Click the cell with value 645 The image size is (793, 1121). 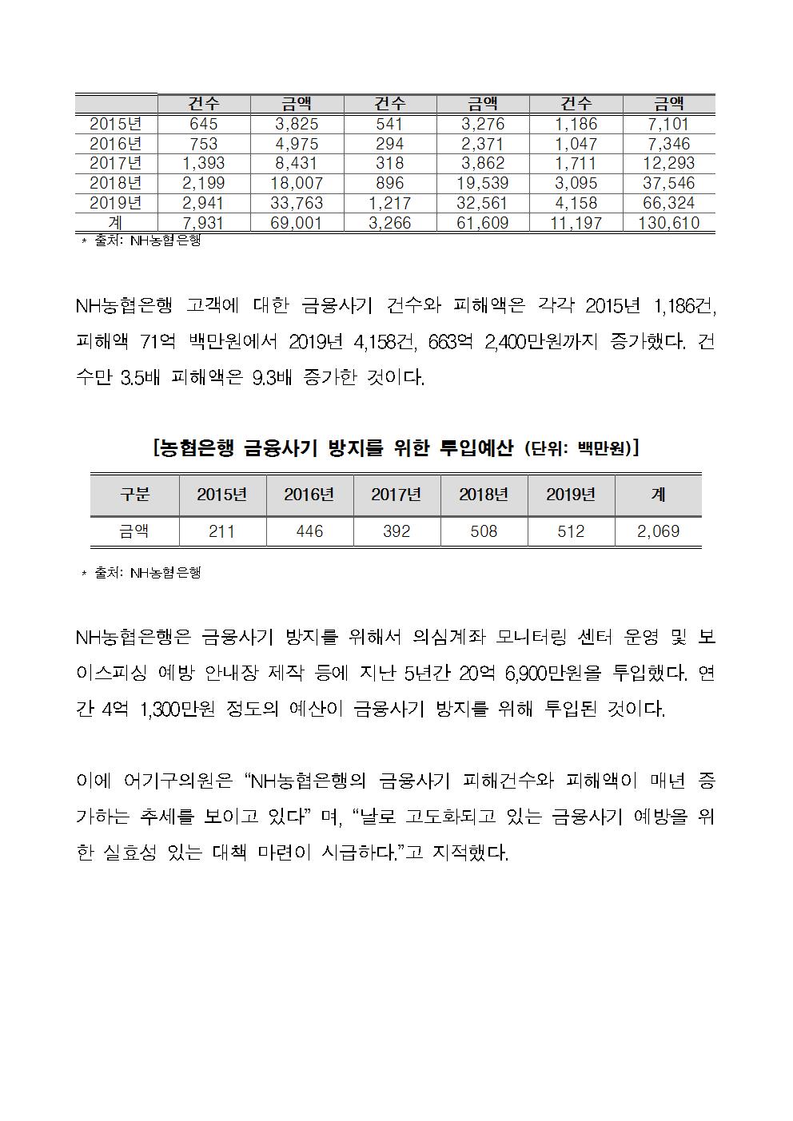coord(204,124)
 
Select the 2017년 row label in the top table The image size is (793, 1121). coord(116,164)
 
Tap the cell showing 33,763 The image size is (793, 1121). coord(296,203)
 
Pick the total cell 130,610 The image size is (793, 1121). coord(668,223)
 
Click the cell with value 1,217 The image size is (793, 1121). coord(390,203)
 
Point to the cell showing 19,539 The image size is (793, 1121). coord(483,183)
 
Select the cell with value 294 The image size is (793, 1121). coord(390,144)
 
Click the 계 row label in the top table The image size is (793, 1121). coord(116,223)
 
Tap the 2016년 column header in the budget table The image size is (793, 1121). coord(309,495)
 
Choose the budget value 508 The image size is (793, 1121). coord(484,531)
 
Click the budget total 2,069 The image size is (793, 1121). coord(658,531)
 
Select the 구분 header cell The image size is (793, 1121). coord(135,495)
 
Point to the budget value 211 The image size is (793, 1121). coord(221,531)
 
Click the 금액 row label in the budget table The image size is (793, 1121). coord(135,531)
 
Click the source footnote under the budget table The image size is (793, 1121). coord(141,573)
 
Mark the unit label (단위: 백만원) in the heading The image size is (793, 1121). coord(581,448)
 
